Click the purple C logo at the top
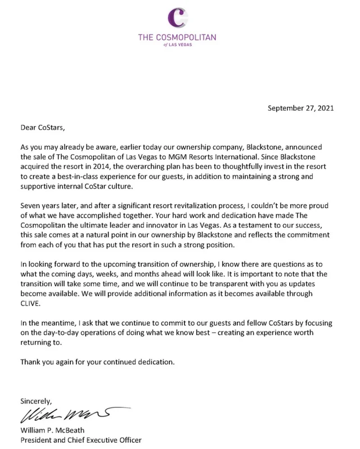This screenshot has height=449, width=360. pos(181,17)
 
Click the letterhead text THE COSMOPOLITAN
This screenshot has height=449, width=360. pos(181,38)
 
